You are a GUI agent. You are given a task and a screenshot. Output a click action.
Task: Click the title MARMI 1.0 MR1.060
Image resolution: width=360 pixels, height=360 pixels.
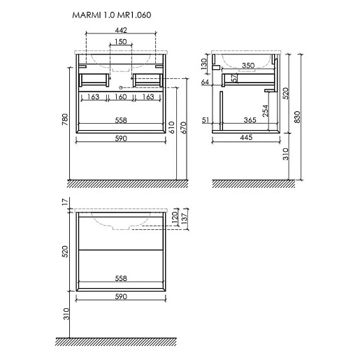click(112, 15)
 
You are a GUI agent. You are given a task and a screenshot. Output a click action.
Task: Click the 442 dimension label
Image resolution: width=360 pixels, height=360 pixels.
click(121, 30)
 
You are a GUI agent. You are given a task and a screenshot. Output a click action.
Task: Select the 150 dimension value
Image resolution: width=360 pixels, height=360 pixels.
click(121, 42)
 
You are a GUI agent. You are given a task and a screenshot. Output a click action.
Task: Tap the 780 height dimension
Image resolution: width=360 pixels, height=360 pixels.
click(65, 120)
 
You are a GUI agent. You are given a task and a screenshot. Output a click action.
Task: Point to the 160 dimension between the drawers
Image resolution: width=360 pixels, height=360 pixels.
click(121, 96)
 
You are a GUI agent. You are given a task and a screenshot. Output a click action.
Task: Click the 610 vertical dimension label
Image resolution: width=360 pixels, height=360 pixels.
click(172, 127)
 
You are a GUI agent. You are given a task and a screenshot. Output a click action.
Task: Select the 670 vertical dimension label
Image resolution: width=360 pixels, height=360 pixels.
click(184, 127)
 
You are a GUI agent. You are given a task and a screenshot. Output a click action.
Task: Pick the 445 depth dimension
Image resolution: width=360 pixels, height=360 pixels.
click(246, 137)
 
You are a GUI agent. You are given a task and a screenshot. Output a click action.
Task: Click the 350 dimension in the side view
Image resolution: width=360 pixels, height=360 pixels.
click(248, 66)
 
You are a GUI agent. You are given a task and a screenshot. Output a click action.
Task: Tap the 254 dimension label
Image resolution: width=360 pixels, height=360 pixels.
click(266, 110)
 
